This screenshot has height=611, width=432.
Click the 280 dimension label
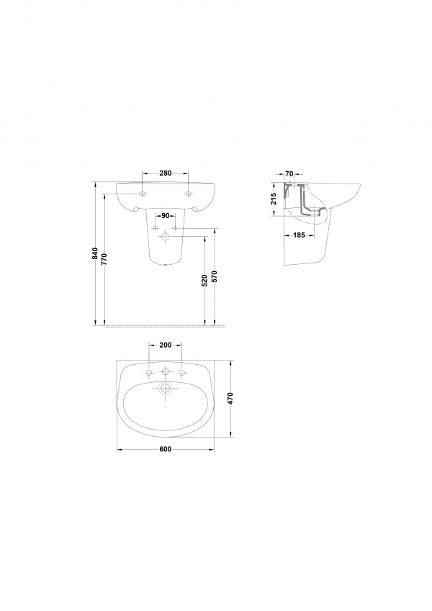point(166,173)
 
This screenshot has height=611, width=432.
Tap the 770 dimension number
point(104,259)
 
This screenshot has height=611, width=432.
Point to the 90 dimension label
point(166,216)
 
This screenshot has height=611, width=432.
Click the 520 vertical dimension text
point(204,281)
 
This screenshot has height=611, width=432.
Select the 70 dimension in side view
point(289,173)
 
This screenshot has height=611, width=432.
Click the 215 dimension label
point(274,199)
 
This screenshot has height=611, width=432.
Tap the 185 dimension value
point(299,235)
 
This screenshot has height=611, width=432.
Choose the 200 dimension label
point(166,345)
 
